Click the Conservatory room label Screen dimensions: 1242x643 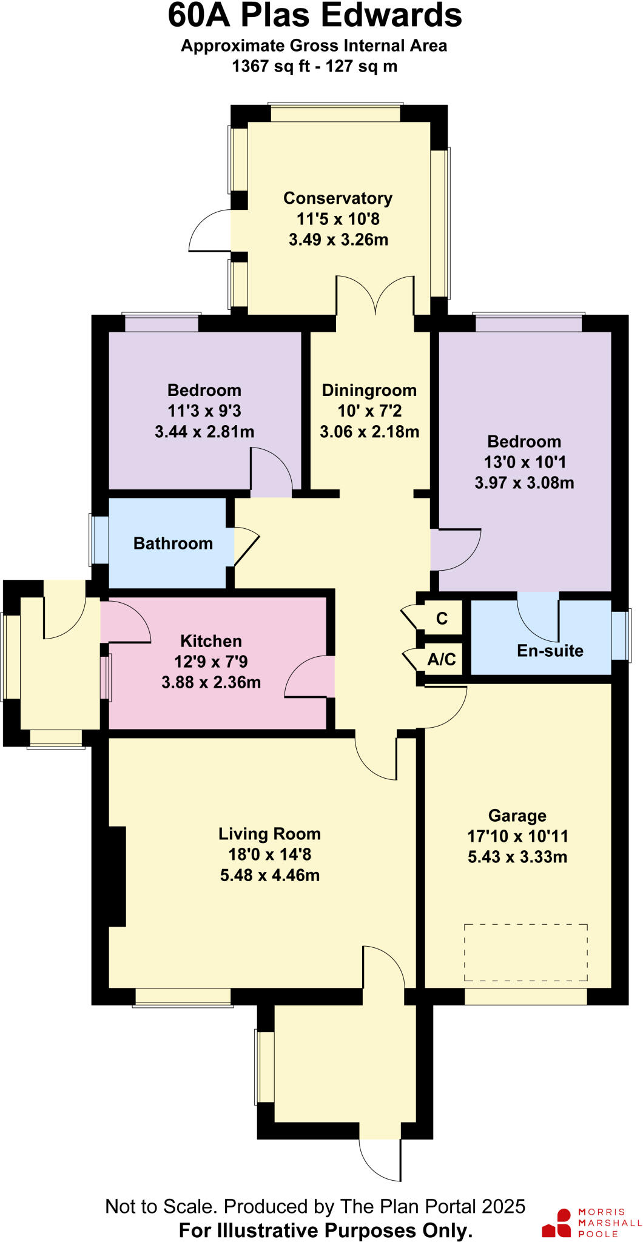pyautogui.click(x=338, y=198)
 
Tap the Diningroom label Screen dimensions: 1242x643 pyautogui.click(x=369, y=390)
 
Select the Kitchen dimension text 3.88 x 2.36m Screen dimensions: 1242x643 pyautogui.click(x=211, y=682)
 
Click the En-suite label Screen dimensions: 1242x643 pyautogui.click(x=550, y=651)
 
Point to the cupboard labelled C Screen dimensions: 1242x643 pyautogui.click(x=442, y=618)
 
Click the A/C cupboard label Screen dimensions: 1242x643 pyautogui.click(x=442, y=659)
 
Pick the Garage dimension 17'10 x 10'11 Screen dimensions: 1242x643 pyautogui.click(x=517, y=836)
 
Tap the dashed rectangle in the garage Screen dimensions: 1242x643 pyautogui.click(x=525, y=952)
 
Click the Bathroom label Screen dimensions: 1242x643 pyautogui.click(x=173, y=543)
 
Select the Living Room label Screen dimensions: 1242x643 pyautogui.click(x=269, y=834)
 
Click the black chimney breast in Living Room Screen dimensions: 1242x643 pyautogui.click(x=116, y=876)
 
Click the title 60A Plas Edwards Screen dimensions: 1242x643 pyautogui.click(x=314, y=16)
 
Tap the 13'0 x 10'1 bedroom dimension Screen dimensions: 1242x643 pyautogui.click(x=525, y=462)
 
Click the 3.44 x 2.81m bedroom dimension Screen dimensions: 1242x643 pyautogui.click(x=204, y=432)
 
